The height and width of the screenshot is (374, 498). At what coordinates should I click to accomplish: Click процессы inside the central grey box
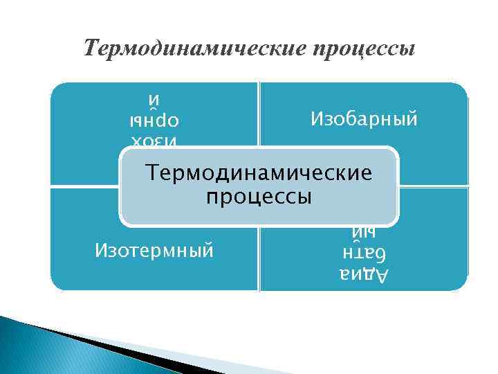[259, 197]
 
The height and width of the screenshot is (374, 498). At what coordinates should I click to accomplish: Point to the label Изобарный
[364, 119]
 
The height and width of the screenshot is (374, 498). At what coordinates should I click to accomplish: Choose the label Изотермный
[154, 248]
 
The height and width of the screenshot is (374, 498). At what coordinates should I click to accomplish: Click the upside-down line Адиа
[364, 275]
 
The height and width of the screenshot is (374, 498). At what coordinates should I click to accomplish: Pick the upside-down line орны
[155, 120]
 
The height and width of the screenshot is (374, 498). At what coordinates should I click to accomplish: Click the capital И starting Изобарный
[315, 119]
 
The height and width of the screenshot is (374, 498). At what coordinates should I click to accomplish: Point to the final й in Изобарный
[412, 119]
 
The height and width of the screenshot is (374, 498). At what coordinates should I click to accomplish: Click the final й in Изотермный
[207, 248]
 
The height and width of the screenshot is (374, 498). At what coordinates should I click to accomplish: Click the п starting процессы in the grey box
[211, 197]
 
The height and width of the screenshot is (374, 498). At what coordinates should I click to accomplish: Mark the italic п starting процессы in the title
[317, 51]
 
